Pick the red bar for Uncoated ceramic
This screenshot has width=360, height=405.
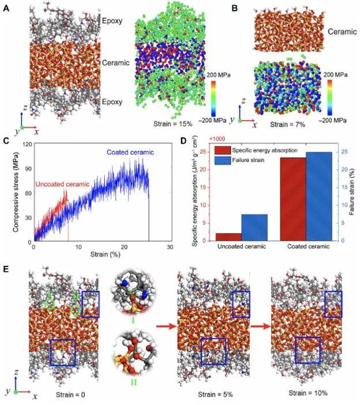tap(227, 236)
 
